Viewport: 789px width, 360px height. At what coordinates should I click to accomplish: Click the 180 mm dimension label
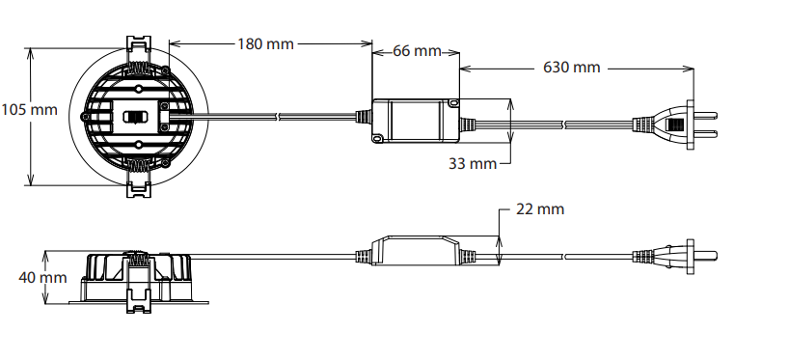265,44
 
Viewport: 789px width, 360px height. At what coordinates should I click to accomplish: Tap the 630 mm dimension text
572,68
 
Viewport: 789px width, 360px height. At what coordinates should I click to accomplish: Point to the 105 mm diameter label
29,110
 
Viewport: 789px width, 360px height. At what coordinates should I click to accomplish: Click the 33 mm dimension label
473,164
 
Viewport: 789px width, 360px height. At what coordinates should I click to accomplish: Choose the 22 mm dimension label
540,209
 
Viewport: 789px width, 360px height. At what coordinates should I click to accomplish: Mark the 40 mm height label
42,277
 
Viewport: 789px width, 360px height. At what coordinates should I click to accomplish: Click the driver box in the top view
416,121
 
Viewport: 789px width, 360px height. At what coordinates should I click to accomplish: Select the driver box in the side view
416,250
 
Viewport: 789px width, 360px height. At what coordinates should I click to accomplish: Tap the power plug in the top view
674,125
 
